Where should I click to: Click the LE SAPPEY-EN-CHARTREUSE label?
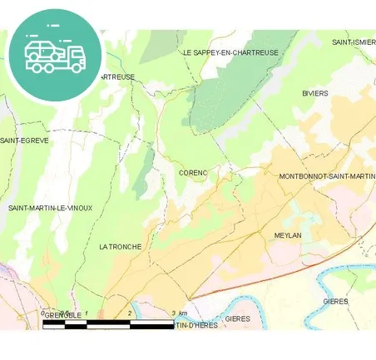(x=230, y=52)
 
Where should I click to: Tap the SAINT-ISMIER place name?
(x=354, y=42)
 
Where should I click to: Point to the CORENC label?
(x=193, y=173)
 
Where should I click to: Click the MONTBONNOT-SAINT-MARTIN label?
(x=327, y=176)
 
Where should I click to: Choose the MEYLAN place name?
(x=287, y=236)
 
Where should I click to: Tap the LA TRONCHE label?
(x=120, y=247)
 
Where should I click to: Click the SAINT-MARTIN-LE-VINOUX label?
(x=50, y=208)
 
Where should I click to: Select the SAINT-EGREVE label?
(x=25, y=141)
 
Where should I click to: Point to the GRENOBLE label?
(x=62, y=316)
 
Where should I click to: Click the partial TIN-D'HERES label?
(x=193, y=325)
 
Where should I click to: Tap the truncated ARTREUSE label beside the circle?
(x=117, y=76)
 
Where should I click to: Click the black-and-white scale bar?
(x=108, y=322)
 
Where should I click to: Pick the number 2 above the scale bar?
(x=130, y=313)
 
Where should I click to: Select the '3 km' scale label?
(x=179, y=313)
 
